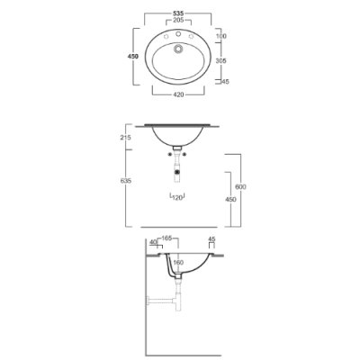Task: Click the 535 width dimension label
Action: tap(178, 13)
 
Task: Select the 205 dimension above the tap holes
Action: tap(178, 21)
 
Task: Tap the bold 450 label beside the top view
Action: tap(133, 56)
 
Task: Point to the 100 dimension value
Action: tap(221, 36)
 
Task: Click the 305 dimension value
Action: tap(221, 60)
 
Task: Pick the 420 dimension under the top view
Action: tap(178, 94)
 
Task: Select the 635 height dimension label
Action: tap(126, 181)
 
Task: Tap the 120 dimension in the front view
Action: tap(177, 198)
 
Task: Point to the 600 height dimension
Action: tap(240, 187)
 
